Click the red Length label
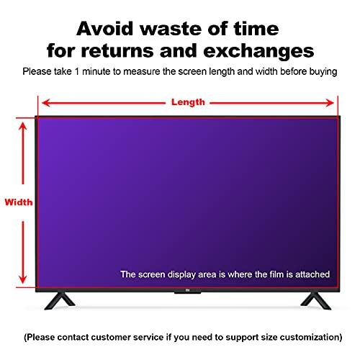[x=188, y=102]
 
